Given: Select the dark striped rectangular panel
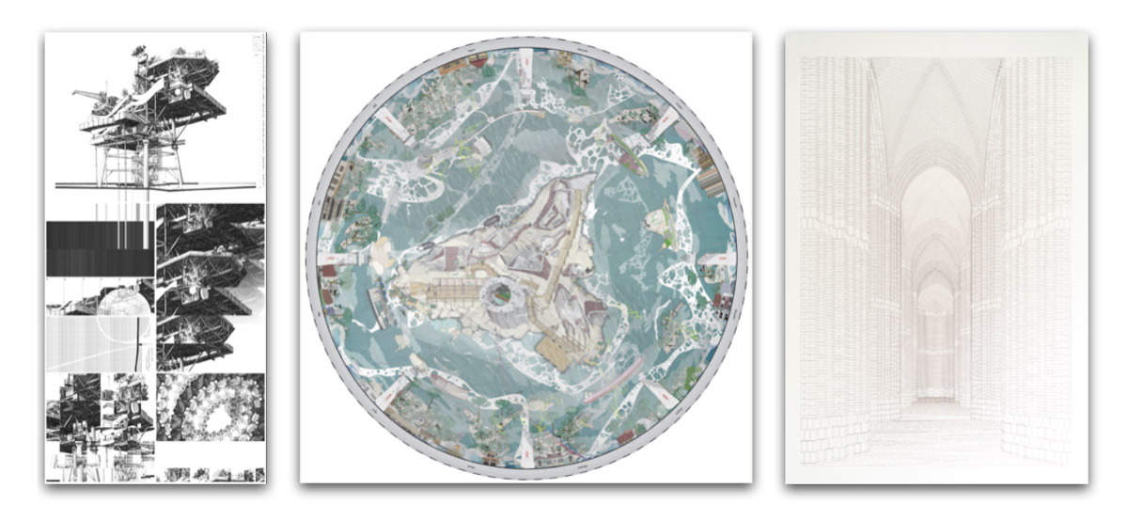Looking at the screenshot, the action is [99, 248].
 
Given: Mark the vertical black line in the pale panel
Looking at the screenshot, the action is [141, 343].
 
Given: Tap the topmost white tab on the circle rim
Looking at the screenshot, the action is [524, 56].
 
